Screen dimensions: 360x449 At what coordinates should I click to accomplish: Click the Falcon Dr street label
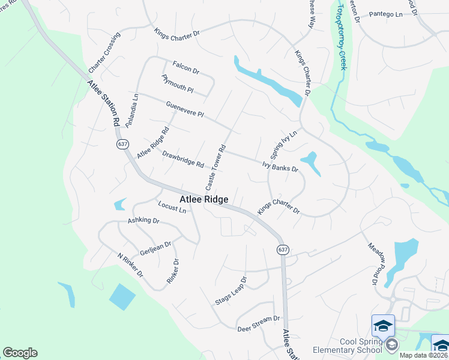coord(185,67)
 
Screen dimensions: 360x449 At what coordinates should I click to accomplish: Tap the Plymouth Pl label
coord(178,84)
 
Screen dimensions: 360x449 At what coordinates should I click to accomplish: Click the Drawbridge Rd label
coord(183,160)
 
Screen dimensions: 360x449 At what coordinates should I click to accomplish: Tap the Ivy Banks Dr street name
coord(280,166)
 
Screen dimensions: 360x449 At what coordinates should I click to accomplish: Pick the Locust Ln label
coord(172,208)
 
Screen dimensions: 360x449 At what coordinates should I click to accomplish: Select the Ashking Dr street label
coord(143,221)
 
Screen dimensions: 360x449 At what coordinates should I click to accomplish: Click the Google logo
coord(20,353)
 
